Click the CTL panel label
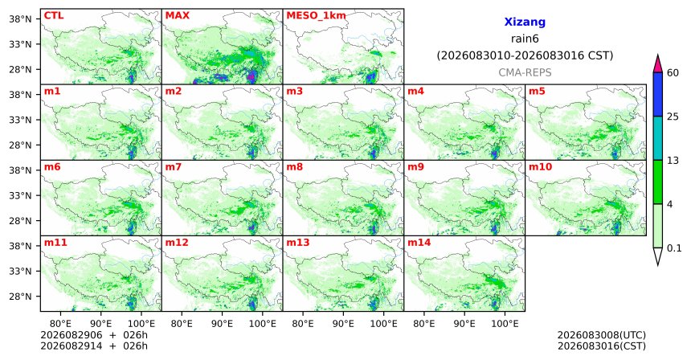click(54, 15)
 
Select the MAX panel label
click(177, 15)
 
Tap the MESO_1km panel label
click(316, 16)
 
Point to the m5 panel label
click(537, 92)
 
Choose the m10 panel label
click(540, 167)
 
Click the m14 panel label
click(419, 243)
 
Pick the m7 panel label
click(174, 167)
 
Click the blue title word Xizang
click(525, 22)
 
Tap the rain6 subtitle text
click(525, 39)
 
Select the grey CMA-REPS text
click(525, 72)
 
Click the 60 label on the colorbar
click(673, 72)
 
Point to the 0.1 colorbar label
click(674, 248)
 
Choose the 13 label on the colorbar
click(673, 161)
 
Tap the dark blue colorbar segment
click(658, 94)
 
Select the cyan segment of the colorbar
click(658, 138)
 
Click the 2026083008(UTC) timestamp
click(602, 336)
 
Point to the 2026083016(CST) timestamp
click(602, 346)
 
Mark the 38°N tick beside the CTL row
click(20, 18)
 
